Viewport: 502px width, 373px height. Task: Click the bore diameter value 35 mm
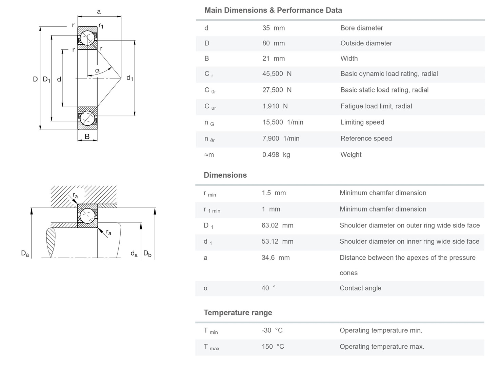coord(273,28)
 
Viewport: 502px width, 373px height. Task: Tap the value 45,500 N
coord(277,74)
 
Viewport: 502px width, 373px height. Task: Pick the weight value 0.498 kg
coord(276,155)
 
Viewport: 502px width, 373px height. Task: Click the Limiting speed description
coord(362,122)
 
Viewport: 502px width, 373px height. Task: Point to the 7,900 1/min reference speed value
coord(281,138)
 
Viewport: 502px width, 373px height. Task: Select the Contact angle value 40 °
coord(268,288)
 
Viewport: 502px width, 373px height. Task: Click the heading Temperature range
coord(238,312)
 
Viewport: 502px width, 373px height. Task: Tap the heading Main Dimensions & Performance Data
coord(273,10)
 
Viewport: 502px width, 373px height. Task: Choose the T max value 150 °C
coord(273,347)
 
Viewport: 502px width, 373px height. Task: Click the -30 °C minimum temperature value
coord(272,330)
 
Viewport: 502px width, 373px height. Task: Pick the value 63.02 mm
coord(277,225)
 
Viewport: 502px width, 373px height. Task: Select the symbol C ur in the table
coord(210,107)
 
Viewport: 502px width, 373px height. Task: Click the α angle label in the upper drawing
coord(97,70)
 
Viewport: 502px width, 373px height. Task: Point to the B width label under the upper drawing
coord(87,136)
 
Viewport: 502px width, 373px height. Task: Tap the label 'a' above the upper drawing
coord(99,12)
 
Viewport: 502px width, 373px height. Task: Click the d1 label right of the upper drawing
coord(130,78)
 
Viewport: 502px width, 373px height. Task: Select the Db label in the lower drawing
coord(147,254)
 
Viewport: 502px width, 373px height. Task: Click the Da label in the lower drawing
coord(25,254)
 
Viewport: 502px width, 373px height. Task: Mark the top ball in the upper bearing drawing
coord(87,38)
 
